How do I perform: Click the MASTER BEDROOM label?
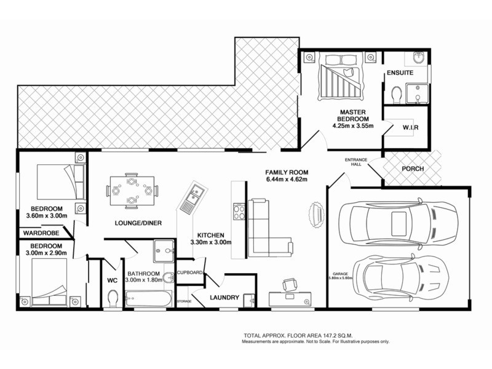coord(351,116)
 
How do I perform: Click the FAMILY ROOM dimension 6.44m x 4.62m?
coord(286,180)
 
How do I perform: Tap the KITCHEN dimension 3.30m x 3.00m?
coord(214,242)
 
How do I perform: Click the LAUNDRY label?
coord(224,298)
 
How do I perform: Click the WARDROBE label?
coord(42,233)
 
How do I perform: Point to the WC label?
coord(112,280)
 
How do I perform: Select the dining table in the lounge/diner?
coord(132,191)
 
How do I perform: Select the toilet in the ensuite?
coord(396,95)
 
